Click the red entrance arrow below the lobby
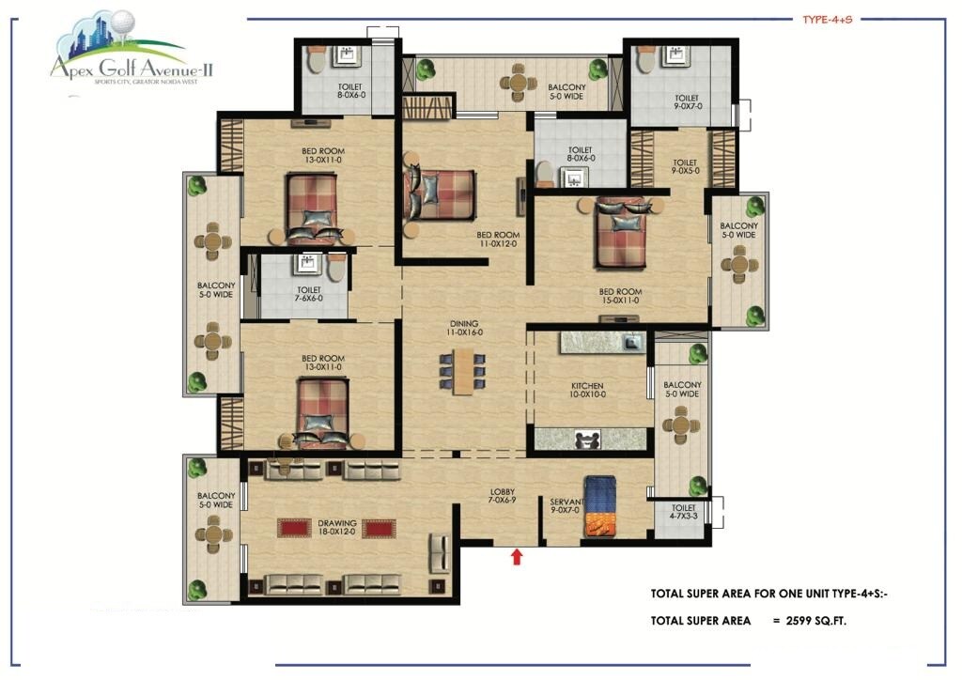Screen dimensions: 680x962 click(516, 557)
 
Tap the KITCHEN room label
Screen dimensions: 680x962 click(588, 391)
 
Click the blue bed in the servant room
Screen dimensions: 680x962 click(599, 507)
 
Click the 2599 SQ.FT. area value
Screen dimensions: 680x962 click(816, 621)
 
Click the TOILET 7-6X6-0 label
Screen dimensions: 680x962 click(309, 294)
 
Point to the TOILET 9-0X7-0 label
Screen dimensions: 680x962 click(686, 102)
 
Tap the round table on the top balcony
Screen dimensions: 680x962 click(517, 82)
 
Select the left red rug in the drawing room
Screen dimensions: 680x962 click(293, 529)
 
